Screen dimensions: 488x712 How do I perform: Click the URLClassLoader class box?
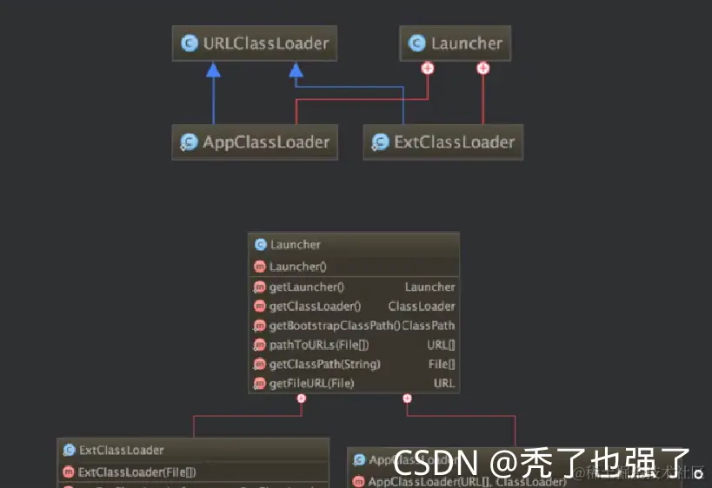point(255,43)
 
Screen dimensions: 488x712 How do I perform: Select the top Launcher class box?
point(456,43)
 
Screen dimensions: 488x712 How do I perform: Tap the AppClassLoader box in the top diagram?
point(255,142)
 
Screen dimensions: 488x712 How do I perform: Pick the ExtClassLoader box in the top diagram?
point(443,142)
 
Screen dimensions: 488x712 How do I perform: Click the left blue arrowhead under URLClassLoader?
point(213,70)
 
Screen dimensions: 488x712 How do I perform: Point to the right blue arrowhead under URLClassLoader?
point(296,70)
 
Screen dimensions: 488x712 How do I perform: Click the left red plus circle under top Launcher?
point(427,68)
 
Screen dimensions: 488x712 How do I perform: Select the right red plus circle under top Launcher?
point(483,68)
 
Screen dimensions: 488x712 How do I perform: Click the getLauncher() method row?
point(307,287)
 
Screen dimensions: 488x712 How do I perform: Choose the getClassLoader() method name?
point(315,307)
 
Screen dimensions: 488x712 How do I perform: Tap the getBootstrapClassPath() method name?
point(334,326)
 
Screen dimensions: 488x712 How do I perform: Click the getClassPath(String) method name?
point(324,364)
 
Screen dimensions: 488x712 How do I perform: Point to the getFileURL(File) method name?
point(311,383)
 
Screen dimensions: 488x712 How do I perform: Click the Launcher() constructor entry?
point(297,267)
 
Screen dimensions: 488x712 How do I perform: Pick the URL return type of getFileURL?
point(444,383)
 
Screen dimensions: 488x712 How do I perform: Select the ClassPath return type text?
point(429,326)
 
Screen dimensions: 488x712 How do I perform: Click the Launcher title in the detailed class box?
point(295,245)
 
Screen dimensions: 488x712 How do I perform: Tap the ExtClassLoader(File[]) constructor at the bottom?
point(136,472)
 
